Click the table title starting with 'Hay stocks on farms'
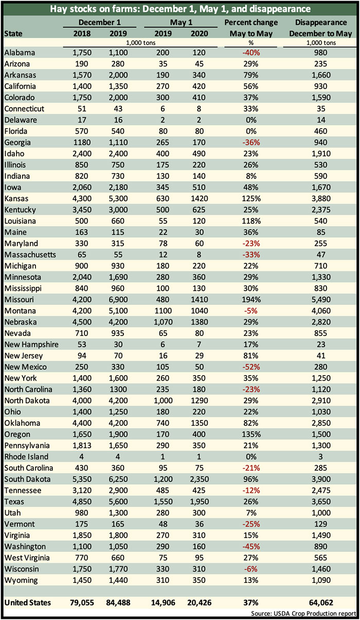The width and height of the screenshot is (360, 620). [x=180, y=9]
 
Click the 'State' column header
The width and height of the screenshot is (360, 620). [x=13, y=34]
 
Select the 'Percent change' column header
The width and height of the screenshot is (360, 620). [x=251, y=23]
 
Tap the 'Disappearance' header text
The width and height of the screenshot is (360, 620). [x=321, y=23]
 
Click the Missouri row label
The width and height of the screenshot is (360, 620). [x=19, y=299]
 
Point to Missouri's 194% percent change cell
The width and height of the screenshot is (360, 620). [x=251, y=299]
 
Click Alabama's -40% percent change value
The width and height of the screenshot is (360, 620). [x=251, y=52]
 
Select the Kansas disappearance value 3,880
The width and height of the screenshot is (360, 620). [x=321, y=199]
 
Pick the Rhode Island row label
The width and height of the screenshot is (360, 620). [x=26, y=457]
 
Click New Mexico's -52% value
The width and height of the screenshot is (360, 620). [x=251, y=367]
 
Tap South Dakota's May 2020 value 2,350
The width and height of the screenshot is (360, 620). [x=199, y=479]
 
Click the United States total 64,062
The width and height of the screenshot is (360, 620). [x=321, y=603]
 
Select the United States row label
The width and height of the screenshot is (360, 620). [x=28, y=603]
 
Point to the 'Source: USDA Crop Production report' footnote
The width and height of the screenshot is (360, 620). [x=303, y=613]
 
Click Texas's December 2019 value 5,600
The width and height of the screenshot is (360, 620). [x=118, y=502]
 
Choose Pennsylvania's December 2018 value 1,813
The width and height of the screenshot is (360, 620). [x=82, y=446]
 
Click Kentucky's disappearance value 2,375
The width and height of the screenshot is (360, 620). [x=321, y=210]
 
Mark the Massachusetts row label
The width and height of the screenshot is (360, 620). [x=30, y=255]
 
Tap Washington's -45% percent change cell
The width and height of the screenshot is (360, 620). [x=251, y=546]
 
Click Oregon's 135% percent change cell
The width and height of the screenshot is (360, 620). [x=251, y=434]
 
